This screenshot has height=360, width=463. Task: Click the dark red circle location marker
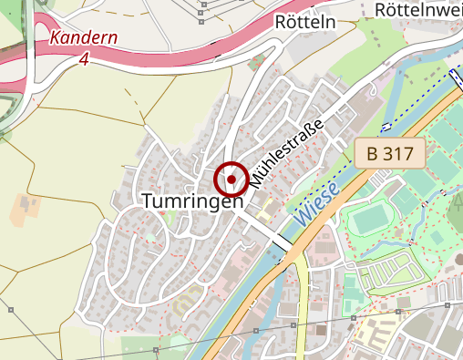(231, 180)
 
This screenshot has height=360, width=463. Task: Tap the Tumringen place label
(193, 201)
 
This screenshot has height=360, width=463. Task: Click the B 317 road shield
(391, 154)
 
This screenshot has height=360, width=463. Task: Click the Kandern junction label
(84, 39)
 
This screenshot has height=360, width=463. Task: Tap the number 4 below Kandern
(84, 59)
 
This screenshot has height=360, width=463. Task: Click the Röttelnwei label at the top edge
(419, 9)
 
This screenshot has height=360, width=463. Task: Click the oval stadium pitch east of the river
(371, 220)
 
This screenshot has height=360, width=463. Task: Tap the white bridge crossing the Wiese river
(284, 243)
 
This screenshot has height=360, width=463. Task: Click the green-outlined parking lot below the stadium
(387, 275)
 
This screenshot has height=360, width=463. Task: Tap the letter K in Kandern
(56, 40)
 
